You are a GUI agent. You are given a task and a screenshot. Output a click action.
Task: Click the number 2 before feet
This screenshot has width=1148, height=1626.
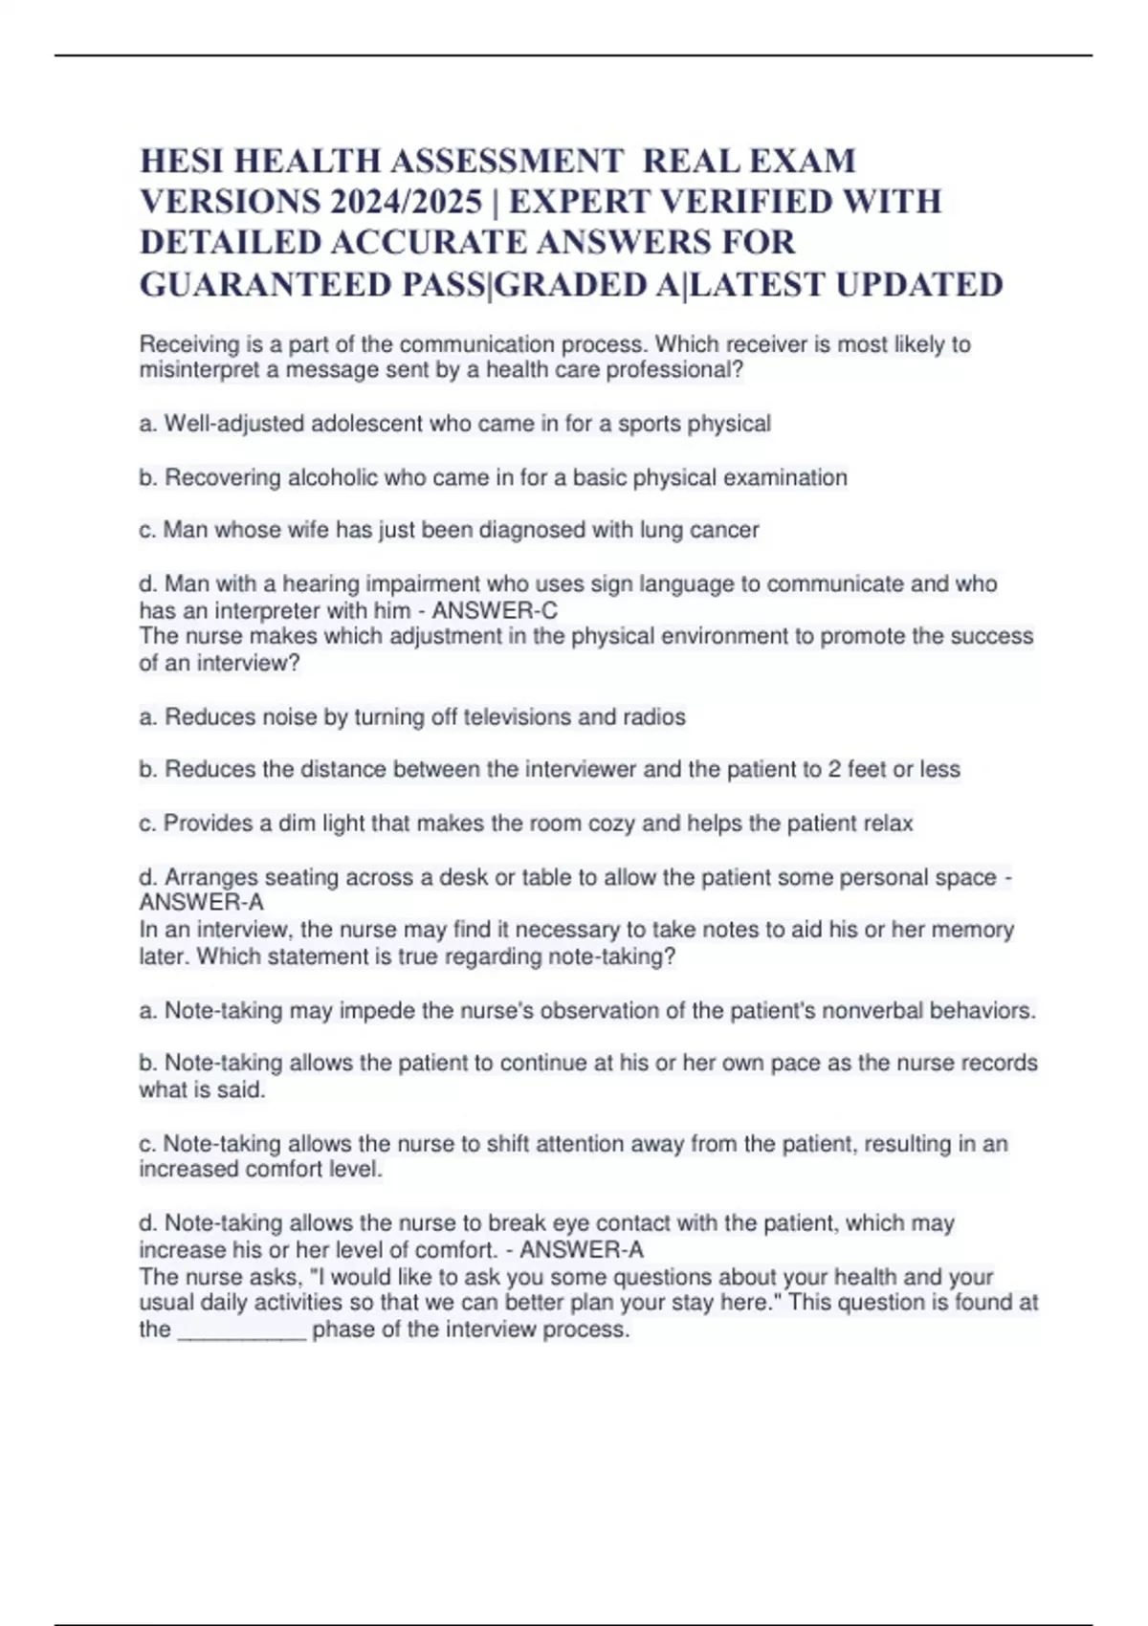pyautogui.click(x=834, y=769)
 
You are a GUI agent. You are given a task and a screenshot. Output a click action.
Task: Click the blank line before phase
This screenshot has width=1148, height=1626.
pyautogui.click(x=242, y=1329)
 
